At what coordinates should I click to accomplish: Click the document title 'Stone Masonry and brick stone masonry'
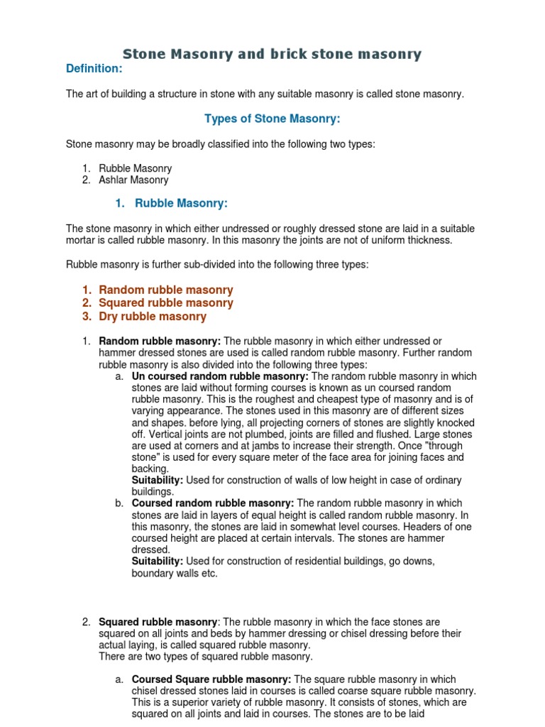point(272,54)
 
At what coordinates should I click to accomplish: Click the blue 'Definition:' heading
point(94,68)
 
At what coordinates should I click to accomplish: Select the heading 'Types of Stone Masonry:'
point(268,119)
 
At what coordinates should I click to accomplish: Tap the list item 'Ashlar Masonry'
point(133,180)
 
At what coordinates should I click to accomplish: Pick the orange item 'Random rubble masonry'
point(165,290)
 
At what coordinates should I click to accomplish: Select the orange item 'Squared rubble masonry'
point(165,303)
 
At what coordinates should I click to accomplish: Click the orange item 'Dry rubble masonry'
point(153,317)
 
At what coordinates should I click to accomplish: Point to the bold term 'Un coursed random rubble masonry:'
point(220,376)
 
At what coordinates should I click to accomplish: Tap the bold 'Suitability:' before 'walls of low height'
point(158,481)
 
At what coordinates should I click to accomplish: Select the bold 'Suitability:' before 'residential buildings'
point(158,561)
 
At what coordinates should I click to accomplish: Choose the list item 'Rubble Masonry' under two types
point(135,169)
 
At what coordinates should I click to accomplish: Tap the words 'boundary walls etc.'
point(175,573)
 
